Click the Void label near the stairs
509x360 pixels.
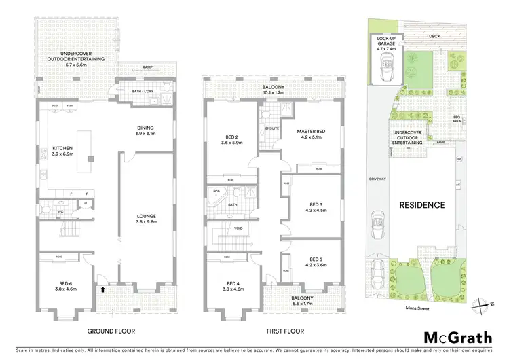[x=238, y=228]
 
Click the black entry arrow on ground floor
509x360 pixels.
[x=102, y=288]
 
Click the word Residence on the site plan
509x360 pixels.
[x=421, y=204]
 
